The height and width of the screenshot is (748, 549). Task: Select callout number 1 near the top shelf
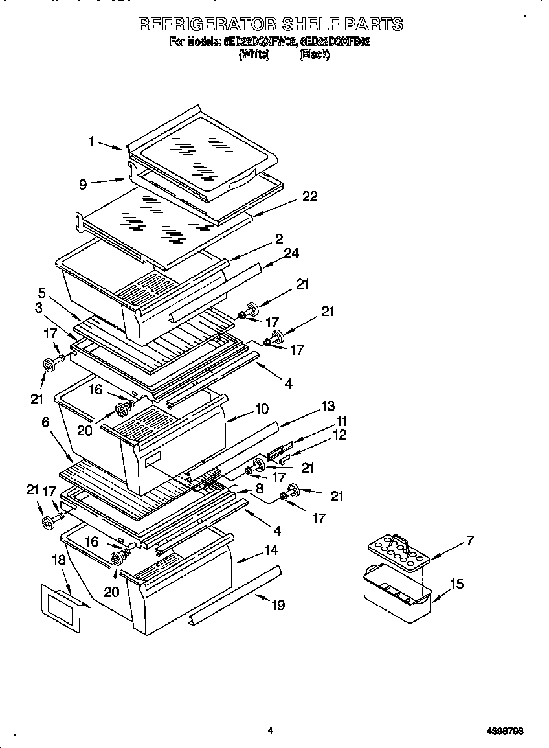pyautogui.click(x=92, y=141)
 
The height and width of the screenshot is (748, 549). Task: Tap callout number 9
pyautogui.click(x=82, y=185)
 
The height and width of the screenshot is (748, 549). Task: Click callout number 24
pyautogui.click(x=291, y=253)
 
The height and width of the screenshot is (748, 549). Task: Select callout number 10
pyautogui.click(x=262, y=409)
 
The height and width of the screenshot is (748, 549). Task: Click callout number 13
pyautogui.click(x=328, y=406)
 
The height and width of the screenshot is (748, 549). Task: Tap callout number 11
pyautogui.click(x=341, y=420)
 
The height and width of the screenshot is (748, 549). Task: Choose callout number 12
pyautogui.click(x=340, y=435)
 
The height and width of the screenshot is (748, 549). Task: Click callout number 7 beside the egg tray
pyautogui.click(x=469, y=539)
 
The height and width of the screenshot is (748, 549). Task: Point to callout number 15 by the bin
pyautogui.click(x=456, y=584)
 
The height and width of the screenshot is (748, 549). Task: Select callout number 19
pyautogui.click(x=278, y=606)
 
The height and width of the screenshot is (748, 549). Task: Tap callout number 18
pyautogui.click(x=59, y=560)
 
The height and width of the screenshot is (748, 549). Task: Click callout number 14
pyautogui.click(x=271, y=550)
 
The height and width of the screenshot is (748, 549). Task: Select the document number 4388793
pyautogui.click(x=504, y=731)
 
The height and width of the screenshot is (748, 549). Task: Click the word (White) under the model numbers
pyautogui.click(x=254, y=56)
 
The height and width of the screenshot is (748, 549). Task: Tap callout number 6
pyautogui.click(x=45, y=422)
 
